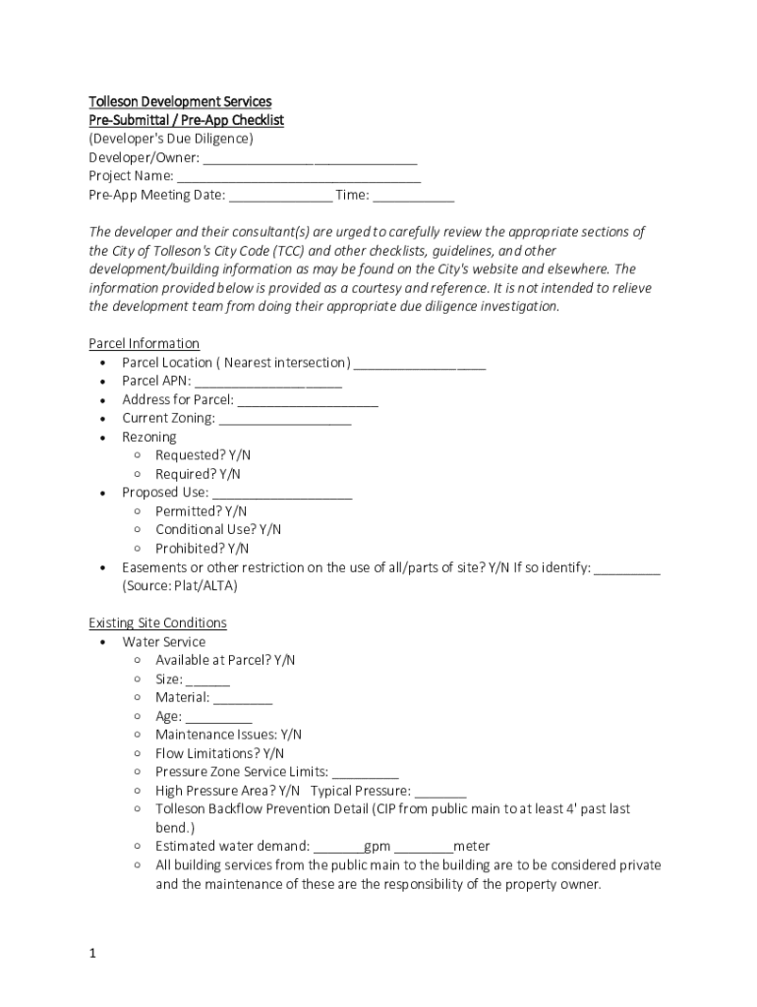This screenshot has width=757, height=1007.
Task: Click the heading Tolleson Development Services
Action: point(180,101)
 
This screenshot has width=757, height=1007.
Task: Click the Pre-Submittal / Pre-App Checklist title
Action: point(186,120)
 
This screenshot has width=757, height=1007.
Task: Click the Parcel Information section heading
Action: point(144,343)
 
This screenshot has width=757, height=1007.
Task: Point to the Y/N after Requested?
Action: point(240,455)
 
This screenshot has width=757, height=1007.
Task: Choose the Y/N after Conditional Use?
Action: point(270,529)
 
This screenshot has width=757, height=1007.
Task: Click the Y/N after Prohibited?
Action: point(238,548)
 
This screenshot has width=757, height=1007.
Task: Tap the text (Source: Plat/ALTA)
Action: point(180,586)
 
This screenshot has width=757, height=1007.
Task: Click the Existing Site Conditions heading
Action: point(157,622)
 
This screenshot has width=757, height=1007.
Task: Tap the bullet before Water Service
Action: point(103,642)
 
